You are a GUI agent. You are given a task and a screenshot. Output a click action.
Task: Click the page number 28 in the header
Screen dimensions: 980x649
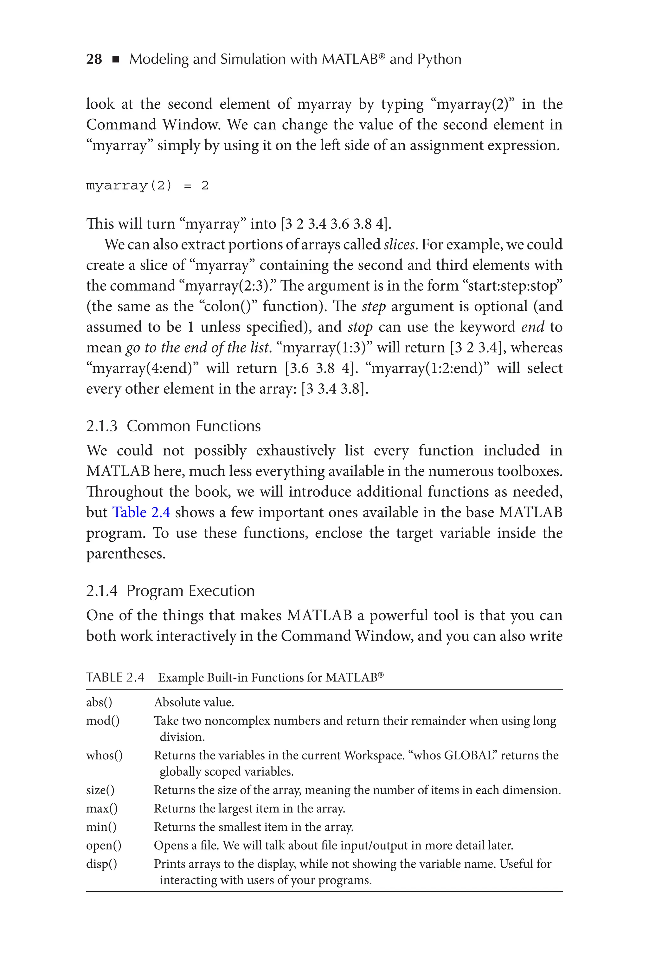pyautogui.click(x=94, y=59)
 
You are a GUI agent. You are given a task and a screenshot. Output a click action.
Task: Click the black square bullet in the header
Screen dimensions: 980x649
pyautogui.click(x=116, y=60)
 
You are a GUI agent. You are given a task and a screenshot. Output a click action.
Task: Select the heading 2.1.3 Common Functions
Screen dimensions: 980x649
pyautogui.click(x=173, y=426)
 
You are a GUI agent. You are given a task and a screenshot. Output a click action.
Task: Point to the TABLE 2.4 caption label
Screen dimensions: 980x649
pyautogui.click(x=115, y=678)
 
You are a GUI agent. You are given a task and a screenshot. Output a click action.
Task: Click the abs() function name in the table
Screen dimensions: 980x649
pyautogui.click(x=99, y=702)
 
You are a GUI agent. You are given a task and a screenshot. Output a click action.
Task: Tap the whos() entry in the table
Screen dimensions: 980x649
pyautogui.click(x=104, y=755)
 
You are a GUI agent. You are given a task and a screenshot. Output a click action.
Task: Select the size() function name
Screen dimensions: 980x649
pyautogui.click(x=100, y=790)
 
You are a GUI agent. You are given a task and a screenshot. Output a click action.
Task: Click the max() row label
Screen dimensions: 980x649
pyautogui.click(x=102, y=808)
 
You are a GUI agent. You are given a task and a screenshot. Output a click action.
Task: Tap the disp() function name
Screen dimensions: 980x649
pyautogui.click(x=101, y=864)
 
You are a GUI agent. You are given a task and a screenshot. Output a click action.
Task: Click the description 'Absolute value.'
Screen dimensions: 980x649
pyautogui.click(x=194, y=702)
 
